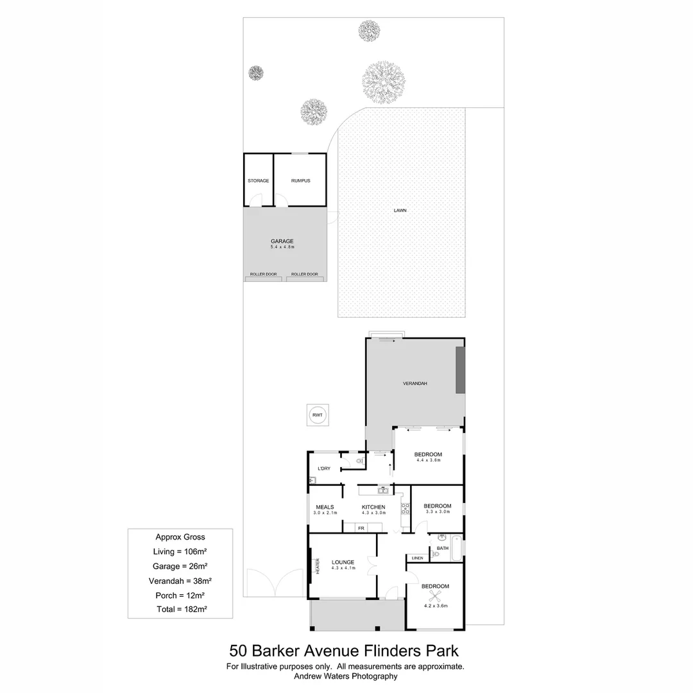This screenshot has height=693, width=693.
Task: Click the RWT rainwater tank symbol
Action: click(x=317, y=415)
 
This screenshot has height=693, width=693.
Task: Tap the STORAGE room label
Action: click(x=258, y=181)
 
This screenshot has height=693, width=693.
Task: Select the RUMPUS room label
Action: click(x=300, y=181)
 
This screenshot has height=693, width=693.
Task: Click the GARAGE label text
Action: click(x=282, y=241)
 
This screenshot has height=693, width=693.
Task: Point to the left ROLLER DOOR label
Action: click(x=263, y=274)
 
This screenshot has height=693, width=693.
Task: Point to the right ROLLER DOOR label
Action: click(x=304, y=274)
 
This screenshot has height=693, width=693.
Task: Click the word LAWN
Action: click(x=400, y=210)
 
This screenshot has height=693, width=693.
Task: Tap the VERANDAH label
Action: click(x=415, y=383)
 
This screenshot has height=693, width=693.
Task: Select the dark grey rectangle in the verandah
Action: click(x=459, y=370)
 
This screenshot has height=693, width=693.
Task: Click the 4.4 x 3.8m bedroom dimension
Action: click(x=428, y=460)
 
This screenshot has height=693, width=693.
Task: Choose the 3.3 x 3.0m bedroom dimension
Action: click(x=437, y=512)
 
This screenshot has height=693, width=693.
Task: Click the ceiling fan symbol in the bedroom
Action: click(x=435, y=595)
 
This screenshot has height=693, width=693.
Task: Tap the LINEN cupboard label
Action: click(x=418, y=558)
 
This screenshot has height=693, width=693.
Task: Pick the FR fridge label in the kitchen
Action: click(x=361, y=528)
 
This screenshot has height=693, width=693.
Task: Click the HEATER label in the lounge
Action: click(x=317, y=566)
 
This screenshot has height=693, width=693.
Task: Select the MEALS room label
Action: click(x=324, y=507)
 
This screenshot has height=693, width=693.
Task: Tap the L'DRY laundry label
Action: click(x=323, y=468)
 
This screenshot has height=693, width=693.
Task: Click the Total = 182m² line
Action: click(x=181, y=609)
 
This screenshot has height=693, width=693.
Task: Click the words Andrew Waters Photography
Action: click(x=345, y=676)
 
